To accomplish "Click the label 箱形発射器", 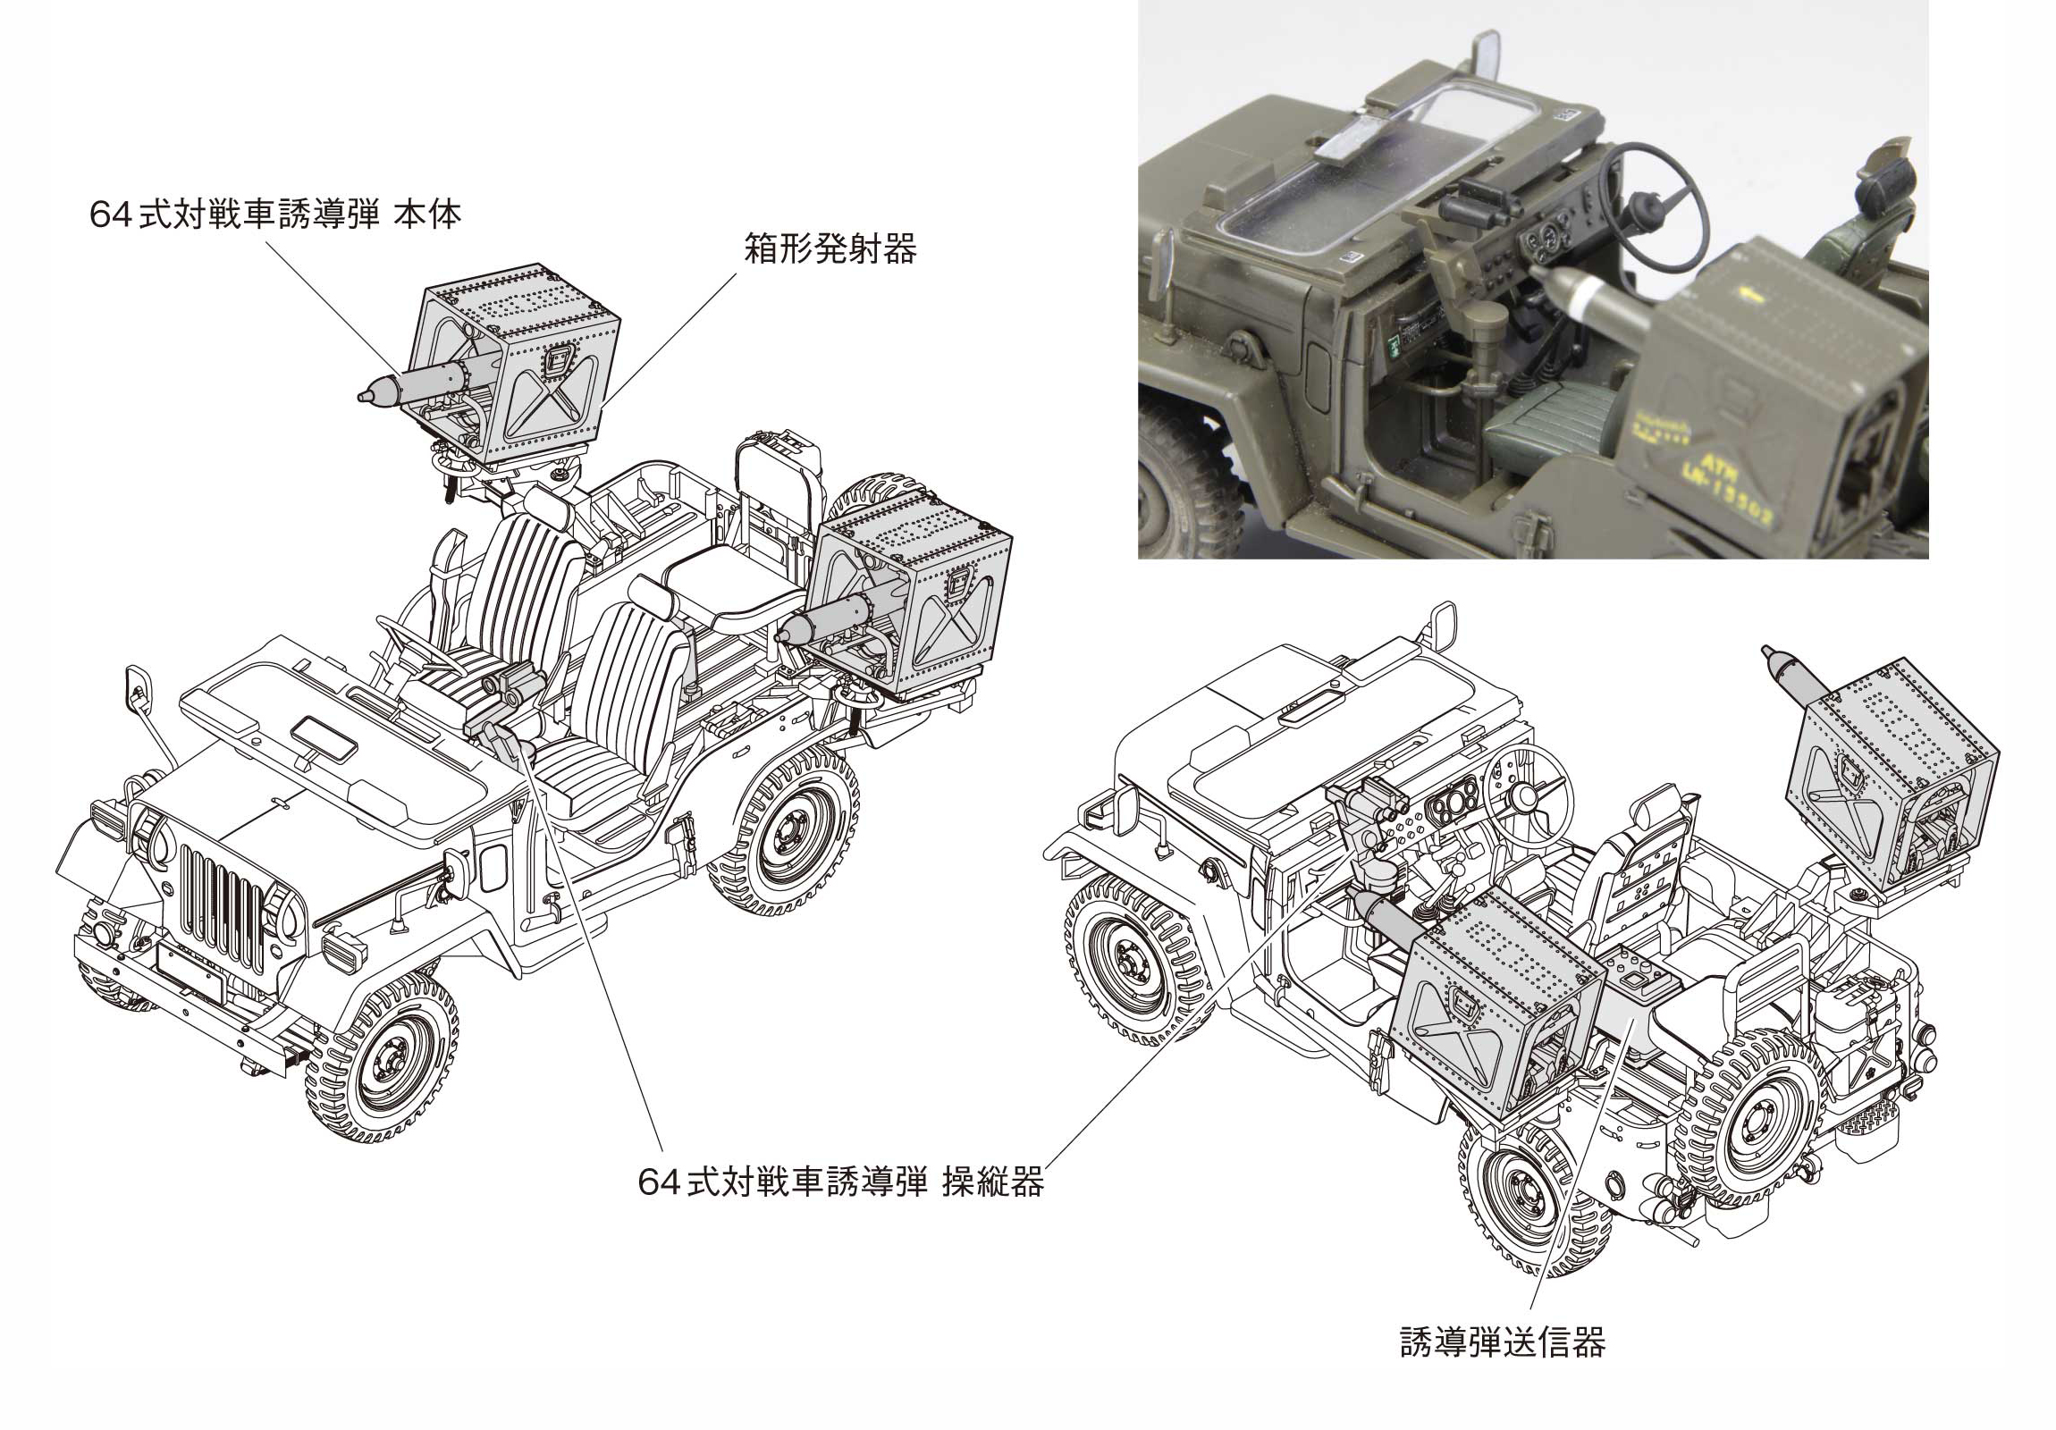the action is click(x=830, y=249).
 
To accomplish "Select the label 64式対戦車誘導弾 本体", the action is click(x=276, y=214).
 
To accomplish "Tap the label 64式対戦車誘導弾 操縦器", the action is click(x=841, y=1182).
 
